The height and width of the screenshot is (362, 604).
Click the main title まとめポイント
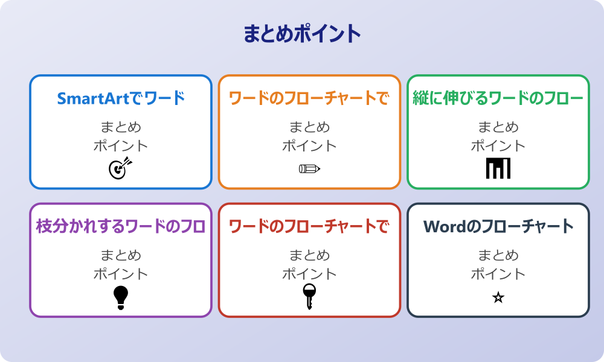[x=302, y=34]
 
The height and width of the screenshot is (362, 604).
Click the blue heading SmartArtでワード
[x=121, y=98]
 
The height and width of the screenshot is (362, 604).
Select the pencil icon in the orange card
[x=309, y=168]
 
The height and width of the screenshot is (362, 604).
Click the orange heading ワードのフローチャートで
[x=309, y=98]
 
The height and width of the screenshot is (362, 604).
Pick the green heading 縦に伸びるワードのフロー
[x=498, y=98]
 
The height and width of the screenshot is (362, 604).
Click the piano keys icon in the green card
[x=498, y=168]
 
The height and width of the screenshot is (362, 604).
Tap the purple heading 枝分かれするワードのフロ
[x=121, y=227]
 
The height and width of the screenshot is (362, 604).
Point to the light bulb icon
[x=121, y=297]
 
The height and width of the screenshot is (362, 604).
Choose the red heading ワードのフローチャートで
[x=309, y=227]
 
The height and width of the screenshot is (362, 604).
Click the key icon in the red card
[x=309, y=296]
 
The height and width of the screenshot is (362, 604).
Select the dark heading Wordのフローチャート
[x=498, y=227]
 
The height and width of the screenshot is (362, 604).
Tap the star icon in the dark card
[x=498, y=297]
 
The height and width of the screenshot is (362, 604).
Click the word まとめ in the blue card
[x=121, y=127]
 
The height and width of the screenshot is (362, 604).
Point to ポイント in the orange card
[x=309, y=145]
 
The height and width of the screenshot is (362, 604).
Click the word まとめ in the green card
[x=498, y=127]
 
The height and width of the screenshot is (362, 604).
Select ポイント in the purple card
[x=121, y=274]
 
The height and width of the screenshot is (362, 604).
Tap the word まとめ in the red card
[x=309, y=256]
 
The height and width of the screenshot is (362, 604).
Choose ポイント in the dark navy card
[x=498, y=274]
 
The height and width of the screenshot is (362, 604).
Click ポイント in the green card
[x=498, y=145]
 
